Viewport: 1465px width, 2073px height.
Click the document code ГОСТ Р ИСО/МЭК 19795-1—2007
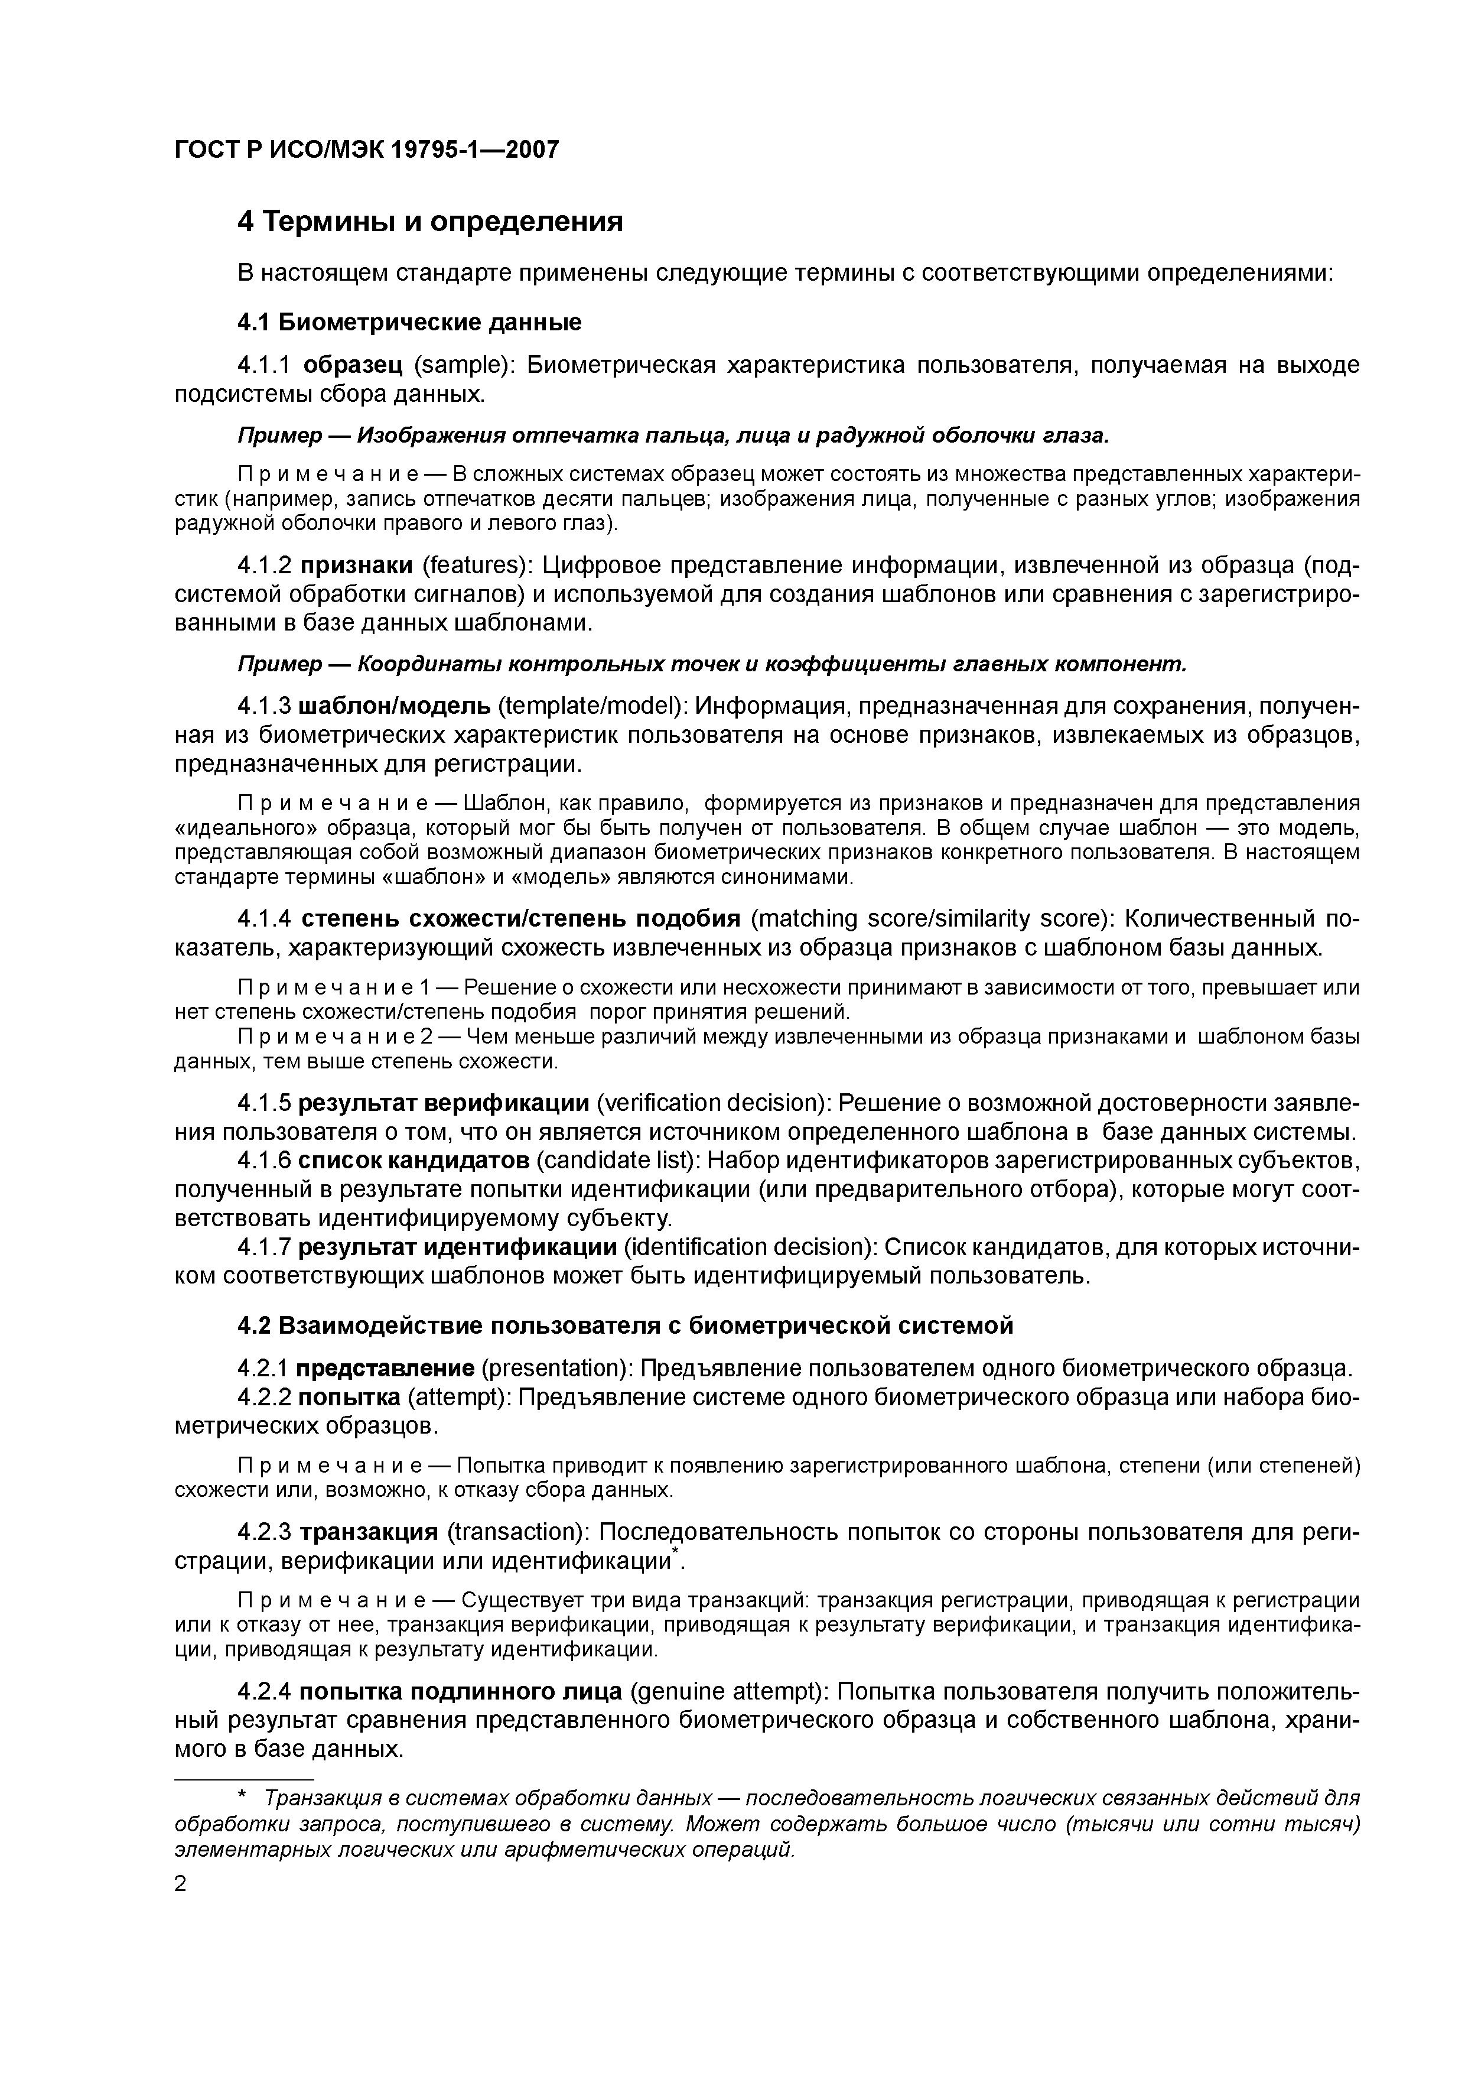pos(366,149)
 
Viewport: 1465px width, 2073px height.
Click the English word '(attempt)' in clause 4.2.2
pos(458,1397)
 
